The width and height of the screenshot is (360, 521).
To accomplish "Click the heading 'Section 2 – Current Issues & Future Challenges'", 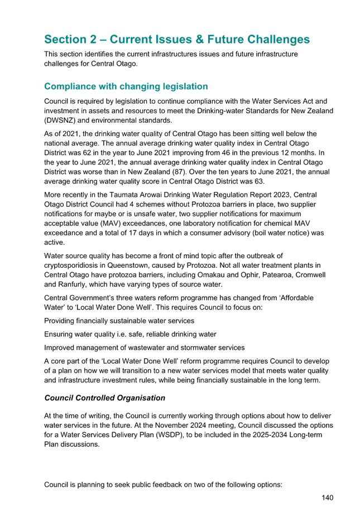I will pyautogui.click(x=177, y=40).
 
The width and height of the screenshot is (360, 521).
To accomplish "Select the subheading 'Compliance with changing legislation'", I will pyautogui.click(x=126, y=86).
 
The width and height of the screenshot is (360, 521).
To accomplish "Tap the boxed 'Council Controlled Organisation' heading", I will pyautogui.click(x=104, y=398).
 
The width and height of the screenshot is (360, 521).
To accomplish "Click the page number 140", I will pyautogui.click(x=327, y=497).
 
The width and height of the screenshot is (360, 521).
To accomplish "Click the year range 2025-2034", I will pyautogui.click(x=251, y=435).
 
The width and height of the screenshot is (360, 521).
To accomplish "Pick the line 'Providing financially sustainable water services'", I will pyautogui.click(x=119, y=321).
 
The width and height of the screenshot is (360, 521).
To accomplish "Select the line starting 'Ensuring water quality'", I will pyautogui.click(x=131, y=334).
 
